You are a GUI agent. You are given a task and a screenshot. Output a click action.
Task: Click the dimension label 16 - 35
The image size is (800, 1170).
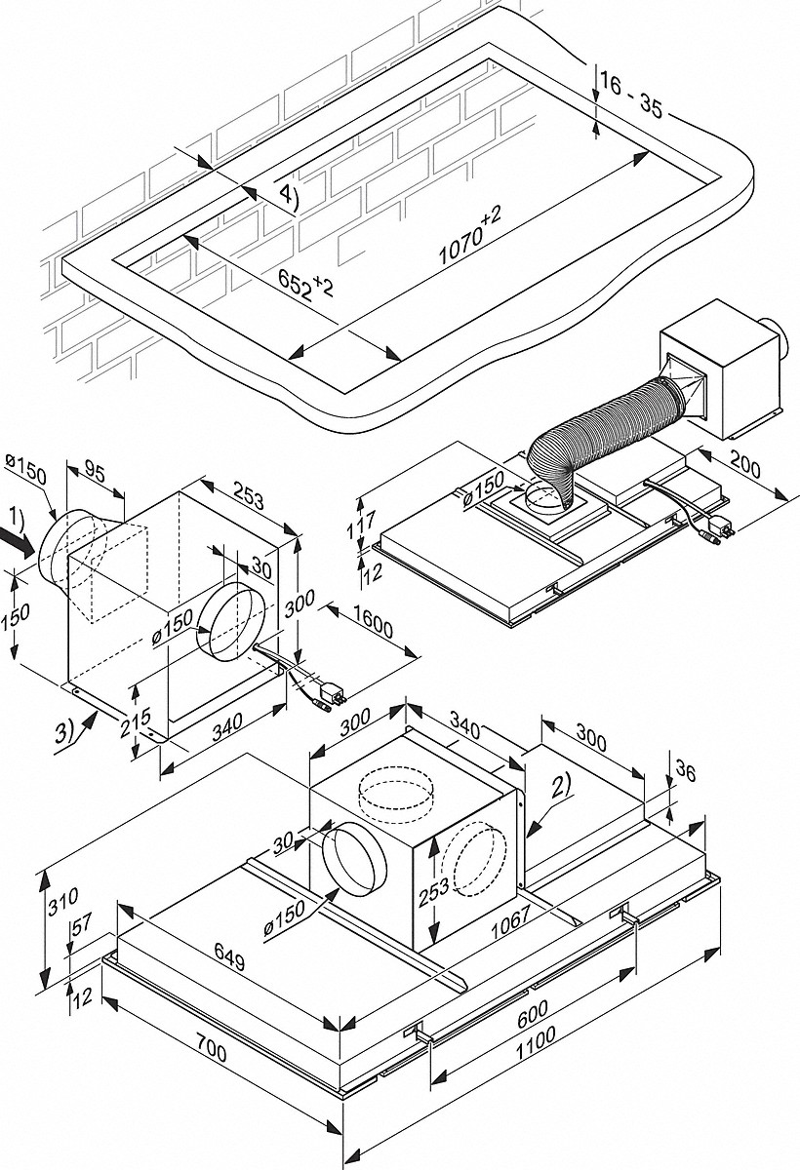pyautogui.click(x=631, y=96)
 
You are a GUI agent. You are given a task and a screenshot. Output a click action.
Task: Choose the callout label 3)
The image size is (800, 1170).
pyautogui.click(x=67, y=726)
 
